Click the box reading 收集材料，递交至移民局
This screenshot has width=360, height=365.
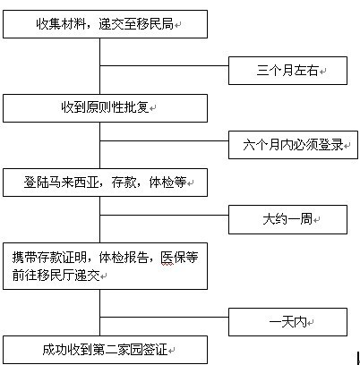coord(105,24)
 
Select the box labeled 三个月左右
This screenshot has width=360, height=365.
coord(287,71)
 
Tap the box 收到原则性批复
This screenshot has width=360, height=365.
coord(105,108)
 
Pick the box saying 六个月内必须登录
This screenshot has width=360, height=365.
coord(293,145)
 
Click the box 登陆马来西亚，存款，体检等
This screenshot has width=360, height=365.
coord(105,182)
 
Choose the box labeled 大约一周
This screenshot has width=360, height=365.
coord(287,219)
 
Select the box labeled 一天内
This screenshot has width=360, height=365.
coord(287,322)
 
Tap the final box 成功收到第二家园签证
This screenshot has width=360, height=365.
coord(105,350)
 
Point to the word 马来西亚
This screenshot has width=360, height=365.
coord(74,182)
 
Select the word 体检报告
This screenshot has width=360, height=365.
coord(124,258)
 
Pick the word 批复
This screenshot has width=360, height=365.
coord(136,107)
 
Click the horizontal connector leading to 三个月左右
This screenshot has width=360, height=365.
coord(164,65)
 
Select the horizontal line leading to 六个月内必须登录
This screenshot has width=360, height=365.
coord(164,140)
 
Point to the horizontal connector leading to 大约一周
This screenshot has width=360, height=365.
coord(164,215)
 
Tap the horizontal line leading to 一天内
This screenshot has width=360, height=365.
coord(164,317)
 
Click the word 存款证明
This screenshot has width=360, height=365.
coord(62,258)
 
